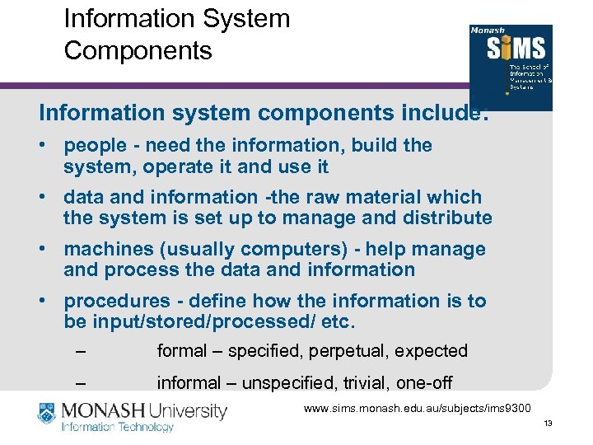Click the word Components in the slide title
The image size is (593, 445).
click(138, 50)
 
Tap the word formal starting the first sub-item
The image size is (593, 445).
click(181, 351)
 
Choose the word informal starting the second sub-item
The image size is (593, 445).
click(189, 383)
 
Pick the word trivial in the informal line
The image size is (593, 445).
click(369, 383)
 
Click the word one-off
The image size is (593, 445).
click(425, 383)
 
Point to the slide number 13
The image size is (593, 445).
click(549, 424)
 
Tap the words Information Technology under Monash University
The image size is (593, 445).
click(119, 427)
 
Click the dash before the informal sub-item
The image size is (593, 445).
click(80, 384)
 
